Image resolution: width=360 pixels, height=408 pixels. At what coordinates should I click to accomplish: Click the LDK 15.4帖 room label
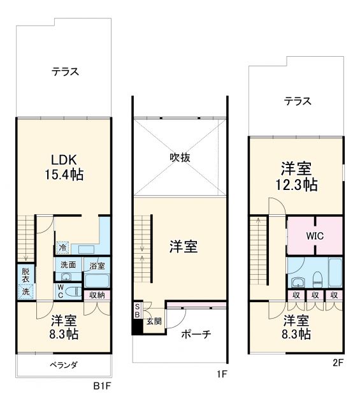pyautogui.click(x=64, y=165)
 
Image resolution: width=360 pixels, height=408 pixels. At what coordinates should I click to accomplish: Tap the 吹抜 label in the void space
pyautogui.click(x=180, y=157)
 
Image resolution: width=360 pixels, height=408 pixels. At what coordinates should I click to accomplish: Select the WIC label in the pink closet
pyautogui.click(x=315, y=235)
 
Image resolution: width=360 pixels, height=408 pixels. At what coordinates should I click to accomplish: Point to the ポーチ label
pyautogui.click(x=196, y=335)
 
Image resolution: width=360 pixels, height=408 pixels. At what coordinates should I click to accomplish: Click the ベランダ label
pyautogui.click(x=64, y=365)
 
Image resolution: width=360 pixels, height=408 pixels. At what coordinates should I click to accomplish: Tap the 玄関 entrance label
pyautogui.click(x=154, y=321)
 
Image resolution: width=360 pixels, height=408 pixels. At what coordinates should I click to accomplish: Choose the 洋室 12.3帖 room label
pyautogui.click(x=296, y=177)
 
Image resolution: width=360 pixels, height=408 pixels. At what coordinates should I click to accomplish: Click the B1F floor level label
pyautogui.click(x=103, y=386)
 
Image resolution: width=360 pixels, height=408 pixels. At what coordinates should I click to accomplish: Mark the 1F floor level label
pyautogui.click(x=221, y=375)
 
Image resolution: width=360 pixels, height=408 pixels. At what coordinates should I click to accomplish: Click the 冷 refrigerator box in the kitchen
pyautogui.click(x=62, y=247)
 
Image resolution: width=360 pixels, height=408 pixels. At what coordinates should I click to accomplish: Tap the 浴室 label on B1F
pyautogui.click(x=97, y=265)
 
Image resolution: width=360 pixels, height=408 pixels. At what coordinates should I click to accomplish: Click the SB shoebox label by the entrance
pyautogui.click(x=136, y=311)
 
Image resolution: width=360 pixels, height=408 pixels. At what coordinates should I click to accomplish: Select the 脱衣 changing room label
pyautogui.click(x=25, y=273)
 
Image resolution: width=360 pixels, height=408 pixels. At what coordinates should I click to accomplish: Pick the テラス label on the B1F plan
pyautogui.click(x=65, y=71)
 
